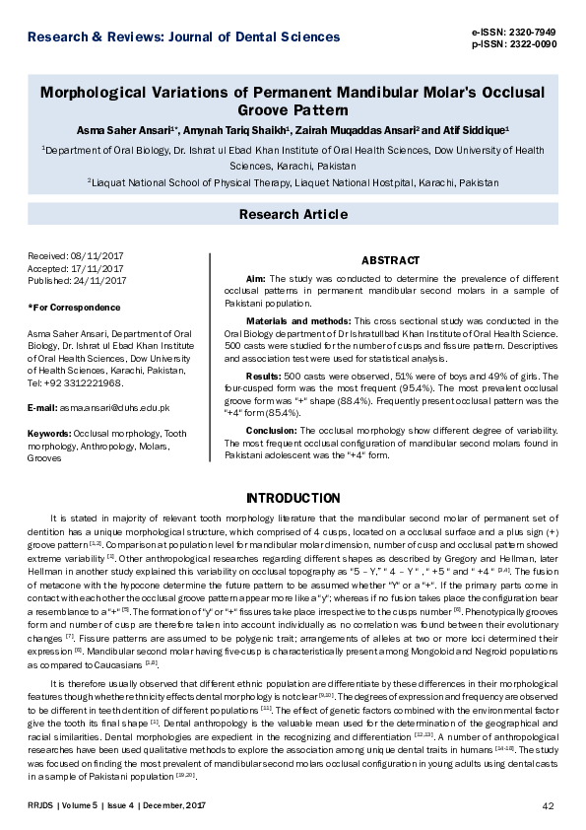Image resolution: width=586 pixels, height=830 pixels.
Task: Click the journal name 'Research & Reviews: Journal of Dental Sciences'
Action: pos(184,37)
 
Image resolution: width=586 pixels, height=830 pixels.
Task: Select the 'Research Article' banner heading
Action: pos(293,214)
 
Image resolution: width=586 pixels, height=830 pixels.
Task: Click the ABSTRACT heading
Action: pos(391,260)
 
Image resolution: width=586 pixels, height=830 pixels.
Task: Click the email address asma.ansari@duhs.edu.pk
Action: pos(114,407)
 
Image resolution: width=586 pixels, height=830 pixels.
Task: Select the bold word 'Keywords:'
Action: pos(50,433)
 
